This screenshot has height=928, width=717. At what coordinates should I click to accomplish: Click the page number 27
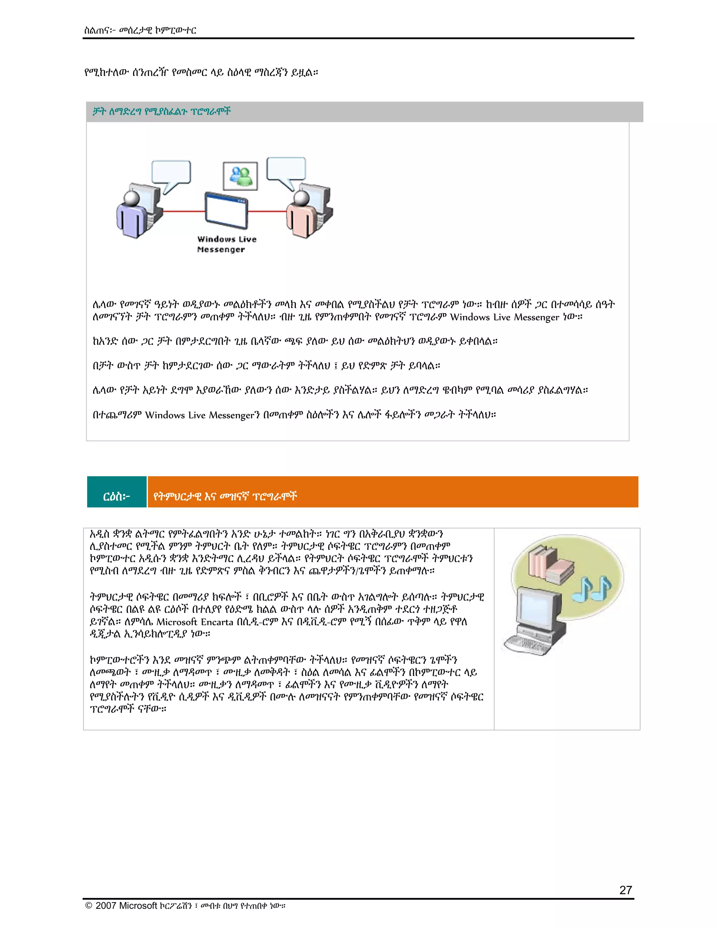tap(625, 890)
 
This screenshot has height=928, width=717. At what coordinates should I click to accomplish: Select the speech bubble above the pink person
tap(286, 169)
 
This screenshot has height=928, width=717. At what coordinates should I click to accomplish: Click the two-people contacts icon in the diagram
tap(241, 176)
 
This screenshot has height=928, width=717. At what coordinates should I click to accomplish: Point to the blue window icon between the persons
tap(226, 211)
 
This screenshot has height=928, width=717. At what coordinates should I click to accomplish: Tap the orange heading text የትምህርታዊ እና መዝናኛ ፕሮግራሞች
tap(225, 496)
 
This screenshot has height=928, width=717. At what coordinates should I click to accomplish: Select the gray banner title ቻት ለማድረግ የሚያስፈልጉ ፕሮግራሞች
tap(162, 112)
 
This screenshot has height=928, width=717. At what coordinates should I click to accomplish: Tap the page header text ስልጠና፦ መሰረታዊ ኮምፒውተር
tap(140, 30)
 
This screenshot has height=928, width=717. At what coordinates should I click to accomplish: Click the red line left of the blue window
tap(183, 211)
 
